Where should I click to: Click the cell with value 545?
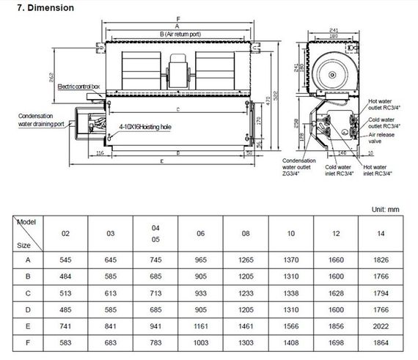click(x=65, y=260)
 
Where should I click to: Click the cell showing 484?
click(x=65, y=276)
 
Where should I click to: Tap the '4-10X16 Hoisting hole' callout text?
click(x=145, y=127)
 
